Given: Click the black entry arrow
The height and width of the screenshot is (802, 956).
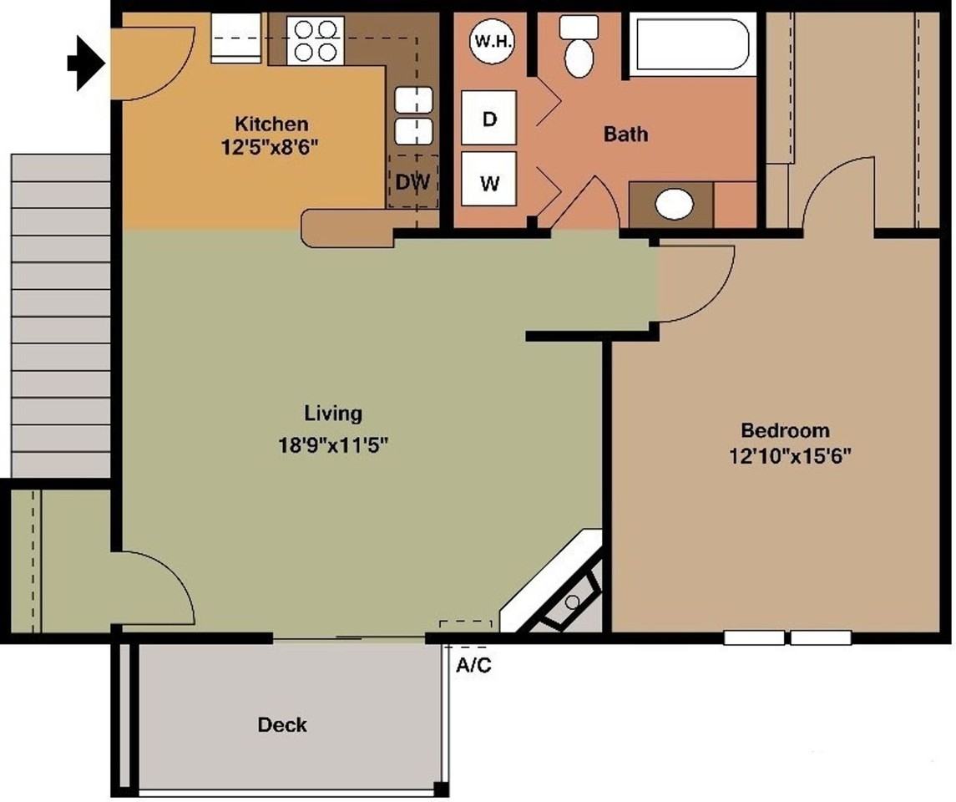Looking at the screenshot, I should pyautogui.click(x=84, y=62).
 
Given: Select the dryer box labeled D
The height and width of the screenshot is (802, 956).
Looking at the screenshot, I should pyautogui.click(x=489, y=119).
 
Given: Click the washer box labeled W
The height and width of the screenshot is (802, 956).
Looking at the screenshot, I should pyautogui.click(x=489, y=182).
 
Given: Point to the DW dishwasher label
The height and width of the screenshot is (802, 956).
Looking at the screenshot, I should pyautogui.click(x=412, y=181).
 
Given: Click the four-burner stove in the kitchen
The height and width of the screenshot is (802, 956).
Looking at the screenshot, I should pyautogui.click(x=316, y=40).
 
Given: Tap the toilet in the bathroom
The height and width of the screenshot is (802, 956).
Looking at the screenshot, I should pyautogui.click(x=578, y=48).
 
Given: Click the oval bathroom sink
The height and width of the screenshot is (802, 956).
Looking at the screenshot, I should pyautogui.click(x=675, y=204).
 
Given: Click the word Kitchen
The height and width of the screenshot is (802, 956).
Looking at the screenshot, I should pyautogui.click(x=271, y=124).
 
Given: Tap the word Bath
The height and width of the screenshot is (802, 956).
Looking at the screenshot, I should pyautogui.click(x=625, y=134).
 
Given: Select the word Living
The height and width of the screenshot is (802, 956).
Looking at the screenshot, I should pyautogui.click(x=333, y=413).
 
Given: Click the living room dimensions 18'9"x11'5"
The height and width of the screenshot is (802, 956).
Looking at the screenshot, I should pyautogui.click(x=334, y=445).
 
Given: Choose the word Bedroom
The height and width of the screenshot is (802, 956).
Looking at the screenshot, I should pyautogui.click(x=785, y=430).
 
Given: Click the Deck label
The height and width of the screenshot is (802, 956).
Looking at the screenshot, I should pyautogui.click(x=281, y=724).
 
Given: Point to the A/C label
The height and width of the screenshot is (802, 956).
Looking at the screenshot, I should pyautogui.click(x=473, y=667).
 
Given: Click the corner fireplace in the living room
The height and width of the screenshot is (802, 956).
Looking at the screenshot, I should pyautogui.click(x=564, y=589).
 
